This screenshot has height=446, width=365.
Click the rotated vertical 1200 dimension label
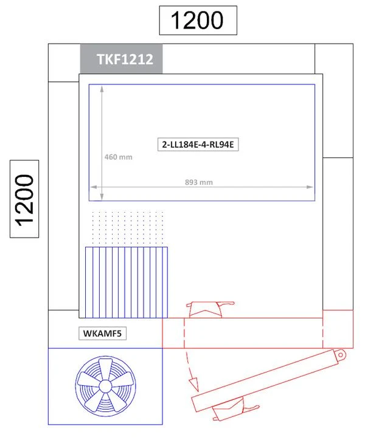[25, 199]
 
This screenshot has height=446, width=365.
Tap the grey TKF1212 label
[121, 60]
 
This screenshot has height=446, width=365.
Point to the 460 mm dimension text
[119, 157]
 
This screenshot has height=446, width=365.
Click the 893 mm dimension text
[199, 182]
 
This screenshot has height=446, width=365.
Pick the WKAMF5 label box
[102, 333]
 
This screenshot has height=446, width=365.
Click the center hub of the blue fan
[105, 385]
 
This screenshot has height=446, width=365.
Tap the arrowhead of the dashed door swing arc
[195, 384]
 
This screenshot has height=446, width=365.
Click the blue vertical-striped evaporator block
[126, 283]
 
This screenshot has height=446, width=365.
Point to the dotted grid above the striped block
[127, 229]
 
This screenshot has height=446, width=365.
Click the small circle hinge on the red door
[341, 354]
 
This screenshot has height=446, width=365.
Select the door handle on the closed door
[207, 310]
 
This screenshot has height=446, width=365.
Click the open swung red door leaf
[268, 380]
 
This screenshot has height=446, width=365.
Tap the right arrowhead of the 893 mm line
[311, 187]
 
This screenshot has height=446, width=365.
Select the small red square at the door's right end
[338, 329]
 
